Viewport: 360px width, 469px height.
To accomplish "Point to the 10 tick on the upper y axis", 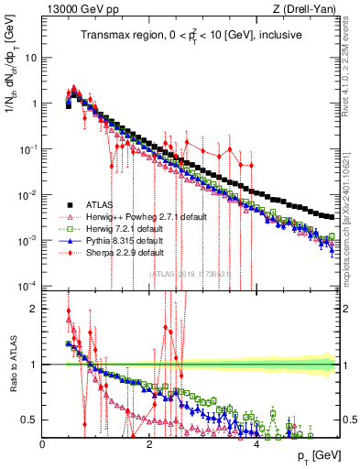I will point(31,57).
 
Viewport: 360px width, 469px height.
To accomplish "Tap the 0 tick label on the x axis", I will point(43,442).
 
